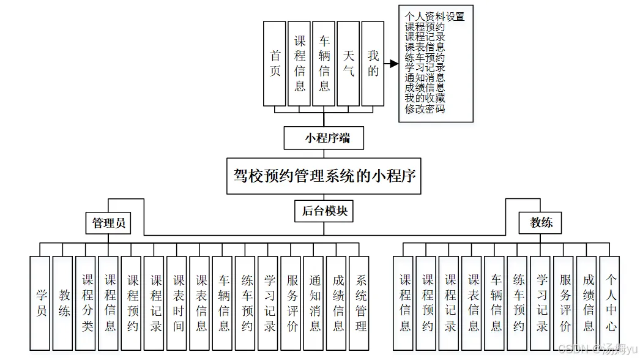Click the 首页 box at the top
pos(275,64)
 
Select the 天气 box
pos(348,64)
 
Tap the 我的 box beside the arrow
pos(373,64)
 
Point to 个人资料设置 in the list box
pos(434,17)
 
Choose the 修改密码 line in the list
pos(425,109)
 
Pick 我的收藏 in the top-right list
pos(425,99)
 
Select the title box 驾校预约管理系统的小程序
pos(324,176)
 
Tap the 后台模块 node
pos(324,211)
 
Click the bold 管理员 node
pos(109,223)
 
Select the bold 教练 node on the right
pos(541,222)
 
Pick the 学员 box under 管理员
pos(40,303)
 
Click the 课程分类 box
pos(87,303)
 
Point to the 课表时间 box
pos(178,303)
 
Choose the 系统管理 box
pos(360,303)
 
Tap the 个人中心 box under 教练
pos(610,303)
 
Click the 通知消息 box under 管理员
pos(314,303)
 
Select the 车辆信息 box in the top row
pos(324,64)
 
